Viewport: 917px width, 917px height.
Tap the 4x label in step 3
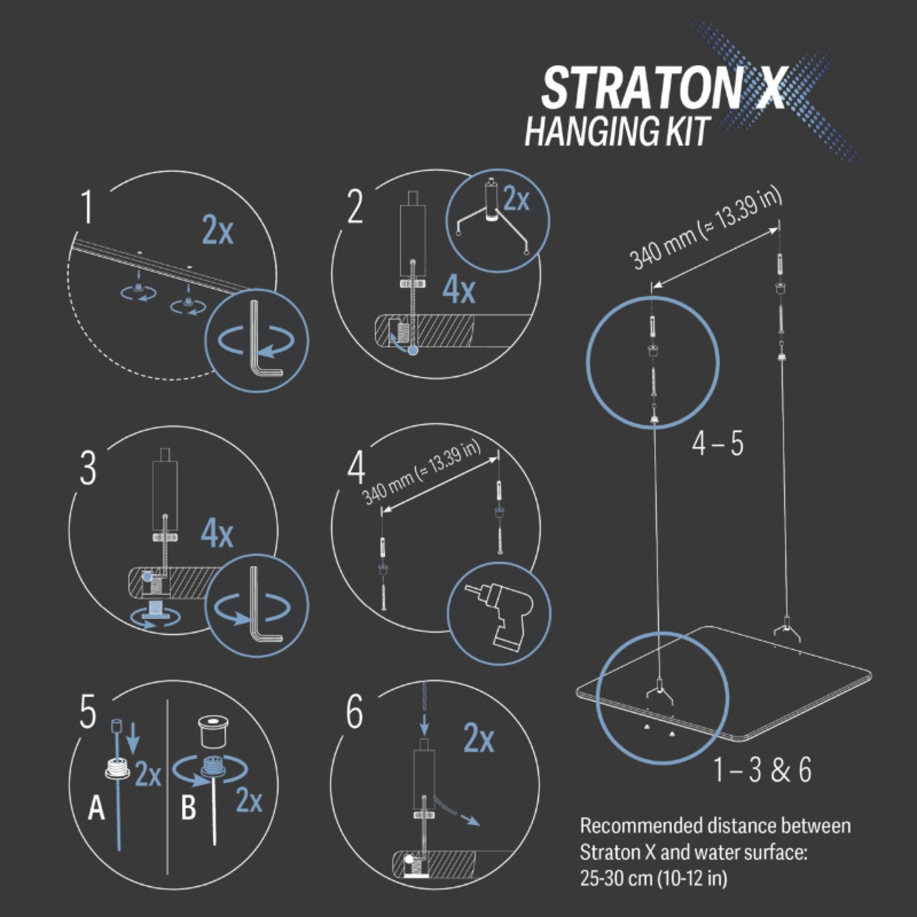point(216,533)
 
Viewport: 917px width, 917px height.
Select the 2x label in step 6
point(479,738)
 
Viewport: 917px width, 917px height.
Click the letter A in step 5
point(96,809)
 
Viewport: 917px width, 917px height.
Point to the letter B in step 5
point(188,808)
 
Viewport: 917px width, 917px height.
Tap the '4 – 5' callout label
point(717,444)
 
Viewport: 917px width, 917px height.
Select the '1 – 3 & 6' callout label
point(762,770)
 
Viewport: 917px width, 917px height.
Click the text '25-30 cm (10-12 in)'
point(653,878)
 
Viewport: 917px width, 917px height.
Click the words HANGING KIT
point(616,132)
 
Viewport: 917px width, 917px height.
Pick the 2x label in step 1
point(217,230)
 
